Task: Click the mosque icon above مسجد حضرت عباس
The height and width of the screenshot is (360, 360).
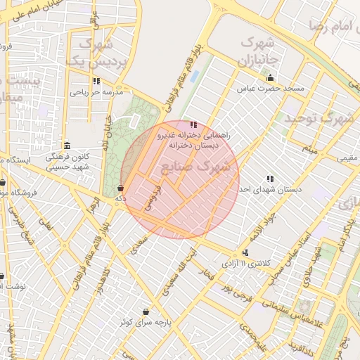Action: (x=271, y=78)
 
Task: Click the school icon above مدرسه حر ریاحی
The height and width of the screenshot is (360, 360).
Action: (x=96, y=81)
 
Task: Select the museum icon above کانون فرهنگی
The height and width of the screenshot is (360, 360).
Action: (x=66, y=146)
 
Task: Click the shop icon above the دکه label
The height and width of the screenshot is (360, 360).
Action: (x=121, y=188)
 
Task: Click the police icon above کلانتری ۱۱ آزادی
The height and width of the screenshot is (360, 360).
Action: (x=245, y=252)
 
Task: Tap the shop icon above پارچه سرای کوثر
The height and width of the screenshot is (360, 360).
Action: (x=146, y=311)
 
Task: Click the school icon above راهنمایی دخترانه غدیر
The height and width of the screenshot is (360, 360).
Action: (x=193, y=124)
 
